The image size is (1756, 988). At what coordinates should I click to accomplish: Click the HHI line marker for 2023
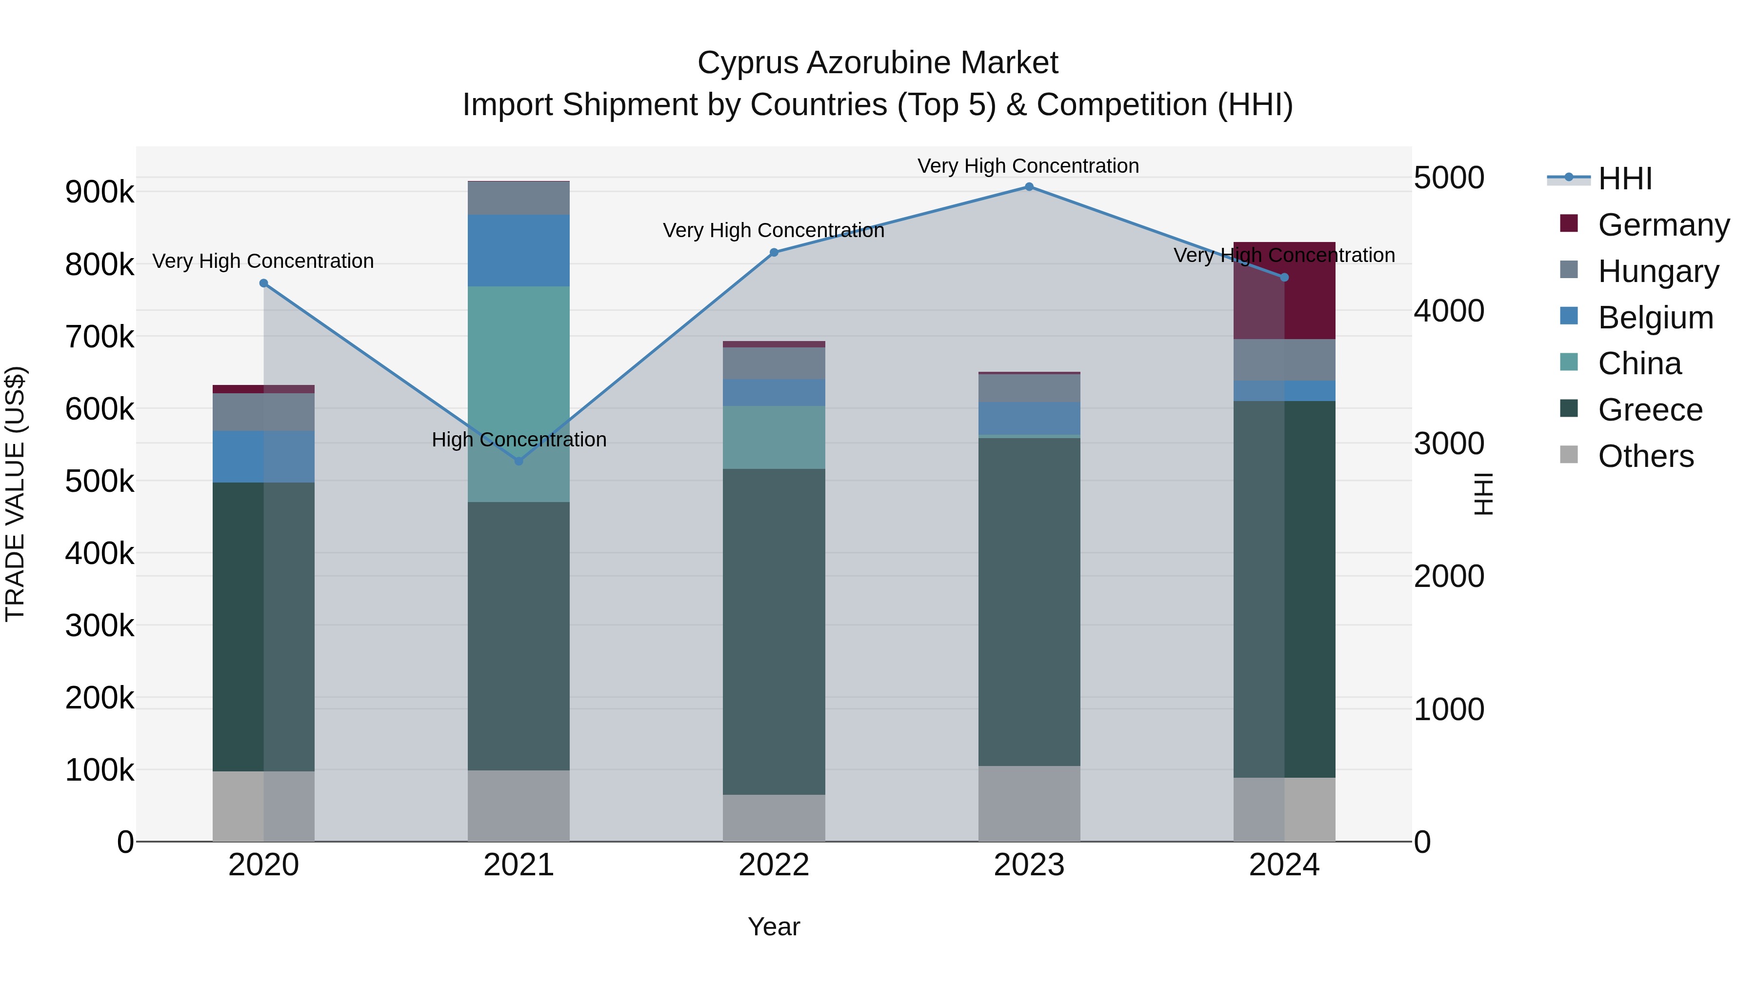coord(1029,187)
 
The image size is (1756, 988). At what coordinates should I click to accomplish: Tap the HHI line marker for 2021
coord(519,462)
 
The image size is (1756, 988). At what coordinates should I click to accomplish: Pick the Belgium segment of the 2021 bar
coord(519,250)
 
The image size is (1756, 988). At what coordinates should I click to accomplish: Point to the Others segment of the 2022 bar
coord(774,818)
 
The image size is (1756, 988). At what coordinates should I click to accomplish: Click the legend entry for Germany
coord(1663,225)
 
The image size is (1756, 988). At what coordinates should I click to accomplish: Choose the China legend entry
coord(1639,363)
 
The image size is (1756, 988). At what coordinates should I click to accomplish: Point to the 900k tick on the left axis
coord(100,192)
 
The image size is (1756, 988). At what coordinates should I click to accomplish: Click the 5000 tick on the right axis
coord(1449,178)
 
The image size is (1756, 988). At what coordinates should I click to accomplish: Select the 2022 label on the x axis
coord(774,865)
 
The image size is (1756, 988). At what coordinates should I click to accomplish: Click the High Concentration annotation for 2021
coord(519,440)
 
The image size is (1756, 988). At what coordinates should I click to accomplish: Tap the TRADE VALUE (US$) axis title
coord(15,494)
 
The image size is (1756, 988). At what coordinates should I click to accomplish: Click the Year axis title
coord(774,927)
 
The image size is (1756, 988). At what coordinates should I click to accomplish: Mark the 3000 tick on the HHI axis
coord(1449,444)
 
